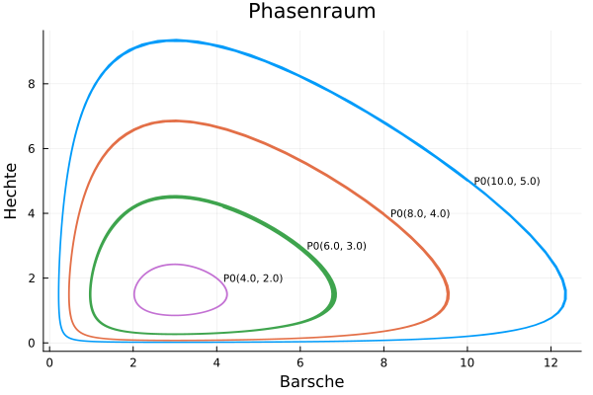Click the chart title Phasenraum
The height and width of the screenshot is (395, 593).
click(311, 12)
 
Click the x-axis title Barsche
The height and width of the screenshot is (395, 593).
click(311, 381)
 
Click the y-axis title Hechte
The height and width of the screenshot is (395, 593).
click(12, 191)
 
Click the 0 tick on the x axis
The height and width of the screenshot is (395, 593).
click(49, 362)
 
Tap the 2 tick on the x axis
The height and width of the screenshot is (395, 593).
click(133, 362)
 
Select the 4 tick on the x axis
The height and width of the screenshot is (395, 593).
click(216, 362)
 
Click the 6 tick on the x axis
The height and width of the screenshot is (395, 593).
click(300, 362)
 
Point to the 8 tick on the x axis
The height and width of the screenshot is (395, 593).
click(384, 362)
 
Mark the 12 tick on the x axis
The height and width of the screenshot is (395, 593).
click(551, 362)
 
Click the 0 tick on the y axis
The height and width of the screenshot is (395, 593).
click(32, 344)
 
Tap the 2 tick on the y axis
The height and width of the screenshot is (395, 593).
click(32, 278)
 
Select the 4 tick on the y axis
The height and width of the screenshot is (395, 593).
click(32, 213)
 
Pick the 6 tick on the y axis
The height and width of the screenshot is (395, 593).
click(32, 149)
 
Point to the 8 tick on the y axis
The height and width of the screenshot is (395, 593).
click(32, 84)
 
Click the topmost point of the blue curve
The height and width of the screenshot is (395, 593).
click(175, 40)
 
